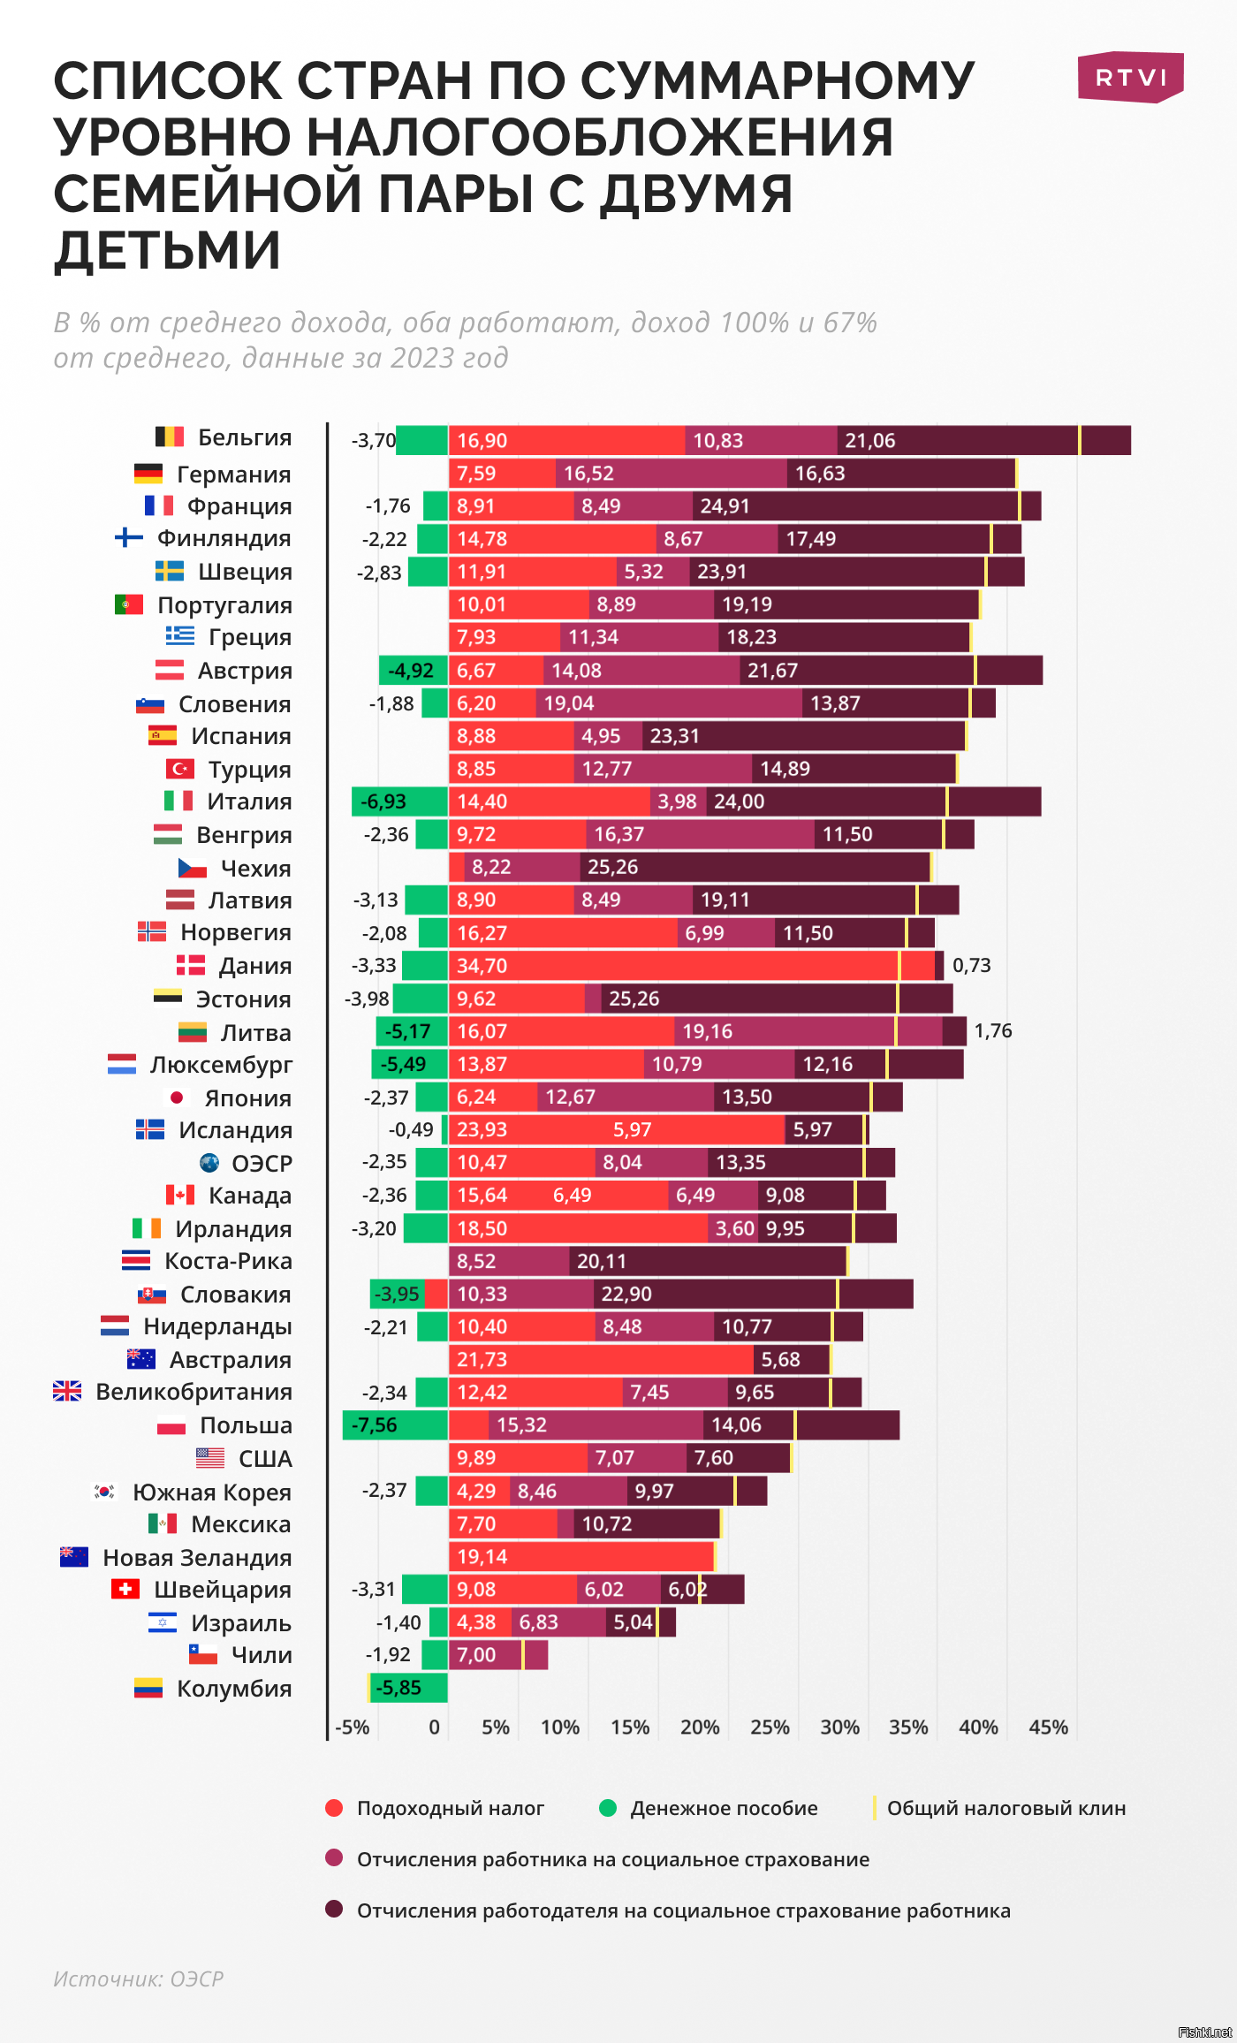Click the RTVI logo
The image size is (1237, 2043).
pyautogui.click(x=1130, y=78)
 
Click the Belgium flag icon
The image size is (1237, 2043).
pyautogui.click(x=170, y=437)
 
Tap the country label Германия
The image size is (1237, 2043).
pyautogui.click(x=233, y=475)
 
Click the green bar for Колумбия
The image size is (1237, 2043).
pyautogui.click(x=409, y=1688)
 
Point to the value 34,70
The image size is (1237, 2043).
pyautogui.click(x=482, y=966)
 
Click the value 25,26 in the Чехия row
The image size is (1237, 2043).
pyautogui.click(x=612, y=867)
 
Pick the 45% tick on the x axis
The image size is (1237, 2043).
pyautogui.click(x=1048, y=1728)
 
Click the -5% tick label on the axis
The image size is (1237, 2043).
pyautogui.click(x=353, y=1728)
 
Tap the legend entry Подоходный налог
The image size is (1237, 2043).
pyautogui.click(x=450, y=1808)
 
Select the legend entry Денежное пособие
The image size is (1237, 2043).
pyautogui.click(x=723, y=1808)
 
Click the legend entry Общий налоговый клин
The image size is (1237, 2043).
pyautogui.click(x=1006, y=1808)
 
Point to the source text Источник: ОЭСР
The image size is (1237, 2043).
pyautogui.click(x=139, y=1978)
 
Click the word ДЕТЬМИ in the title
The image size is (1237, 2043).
pyautogui.click(x=168, y=250)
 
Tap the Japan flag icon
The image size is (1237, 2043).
pyautogui.click(x=177, y=1097)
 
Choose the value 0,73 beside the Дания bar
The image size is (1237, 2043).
pyautogui.click(x=971, y=965)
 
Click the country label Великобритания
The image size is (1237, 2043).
pyautogui.click(x=194, y=1392)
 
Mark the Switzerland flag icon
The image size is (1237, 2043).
pyautogui.click(x=125, y=1590)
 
